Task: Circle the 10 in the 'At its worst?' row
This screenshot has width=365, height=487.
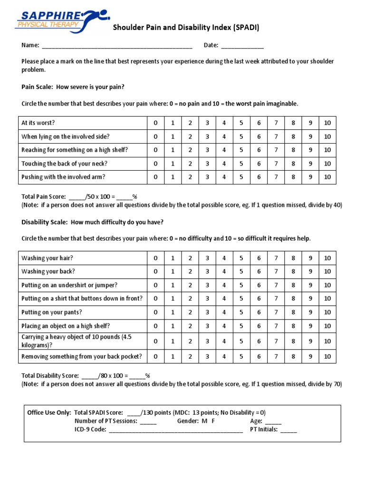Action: (x=327, y=123)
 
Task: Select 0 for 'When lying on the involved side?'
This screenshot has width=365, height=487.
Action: (x=155, y=136)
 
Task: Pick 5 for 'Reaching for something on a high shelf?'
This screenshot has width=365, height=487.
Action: (x=241, y=150)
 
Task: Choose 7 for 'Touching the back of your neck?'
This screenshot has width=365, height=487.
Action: (x=276, y=164)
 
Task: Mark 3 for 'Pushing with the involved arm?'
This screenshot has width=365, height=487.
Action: (x=207, y=177)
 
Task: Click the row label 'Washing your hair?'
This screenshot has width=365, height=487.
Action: (x=47, y=258)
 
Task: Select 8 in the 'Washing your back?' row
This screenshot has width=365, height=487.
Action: (x=293, y=272)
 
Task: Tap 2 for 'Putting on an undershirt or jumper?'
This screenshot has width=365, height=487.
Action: (x=190, y=285)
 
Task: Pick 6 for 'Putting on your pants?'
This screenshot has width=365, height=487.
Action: (x=259, y=312)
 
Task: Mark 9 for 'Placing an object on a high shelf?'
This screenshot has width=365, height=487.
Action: (x=310, y=326)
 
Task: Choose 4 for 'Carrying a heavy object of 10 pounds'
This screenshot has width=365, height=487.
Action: (x=224, y=341)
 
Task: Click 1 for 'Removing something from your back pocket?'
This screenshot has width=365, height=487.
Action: (x=173, y=356)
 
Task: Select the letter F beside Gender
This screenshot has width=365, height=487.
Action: (x=213, y=421)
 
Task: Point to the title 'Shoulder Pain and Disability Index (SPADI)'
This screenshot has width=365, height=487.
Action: (x=186, y=28)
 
